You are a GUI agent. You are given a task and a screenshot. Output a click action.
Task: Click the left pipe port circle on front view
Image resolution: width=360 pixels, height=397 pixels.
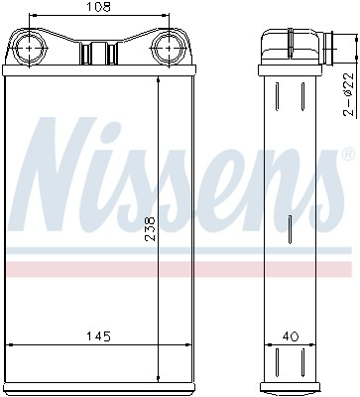(31, 48)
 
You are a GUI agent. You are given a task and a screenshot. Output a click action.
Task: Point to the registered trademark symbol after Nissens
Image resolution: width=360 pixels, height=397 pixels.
(347, 156)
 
